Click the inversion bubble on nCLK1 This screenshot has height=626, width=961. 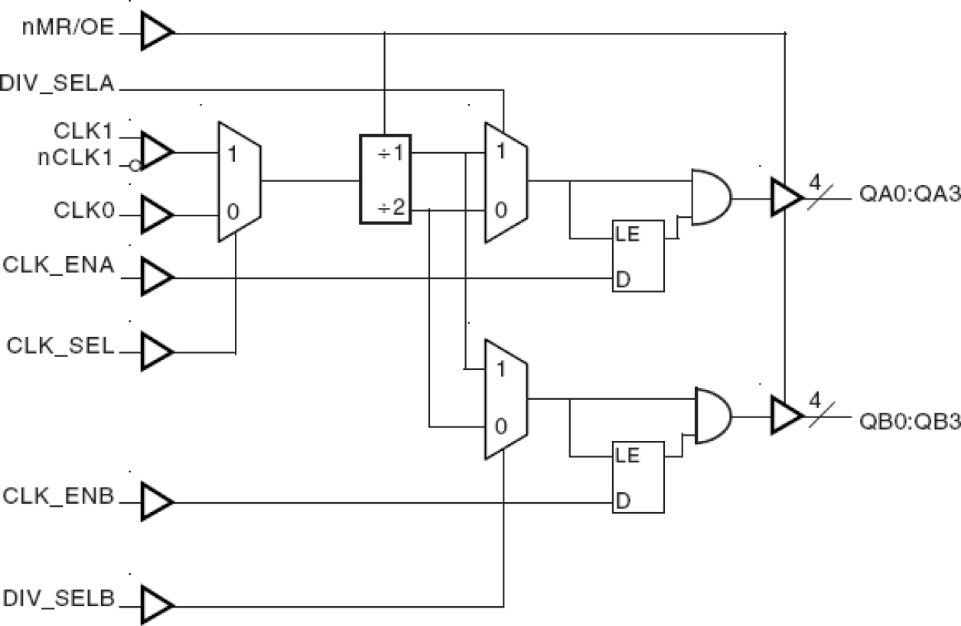point(134,165)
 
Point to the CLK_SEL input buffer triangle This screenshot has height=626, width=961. point(156,352)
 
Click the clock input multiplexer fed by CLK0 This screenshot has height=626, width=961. point(239,182)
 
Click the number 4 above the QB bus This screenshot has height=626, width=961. point(814,400)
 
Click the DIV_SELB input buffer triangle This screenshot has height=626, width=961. point(156,605)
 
